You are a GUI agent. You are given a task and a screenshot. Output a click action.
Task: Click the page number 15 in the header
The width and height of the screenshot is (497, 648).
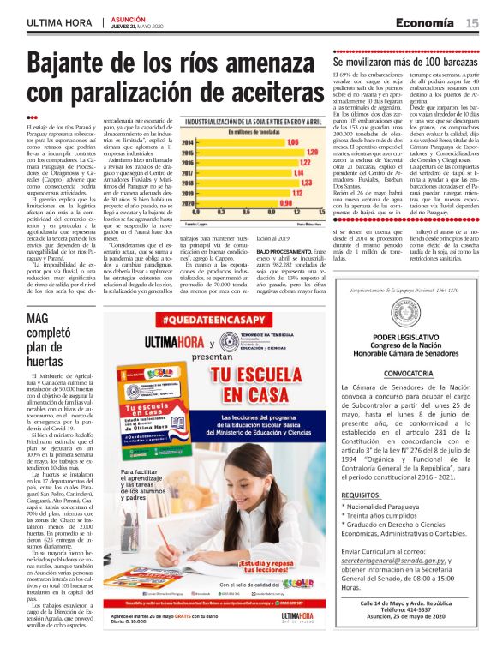click(x=472, y=22)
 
